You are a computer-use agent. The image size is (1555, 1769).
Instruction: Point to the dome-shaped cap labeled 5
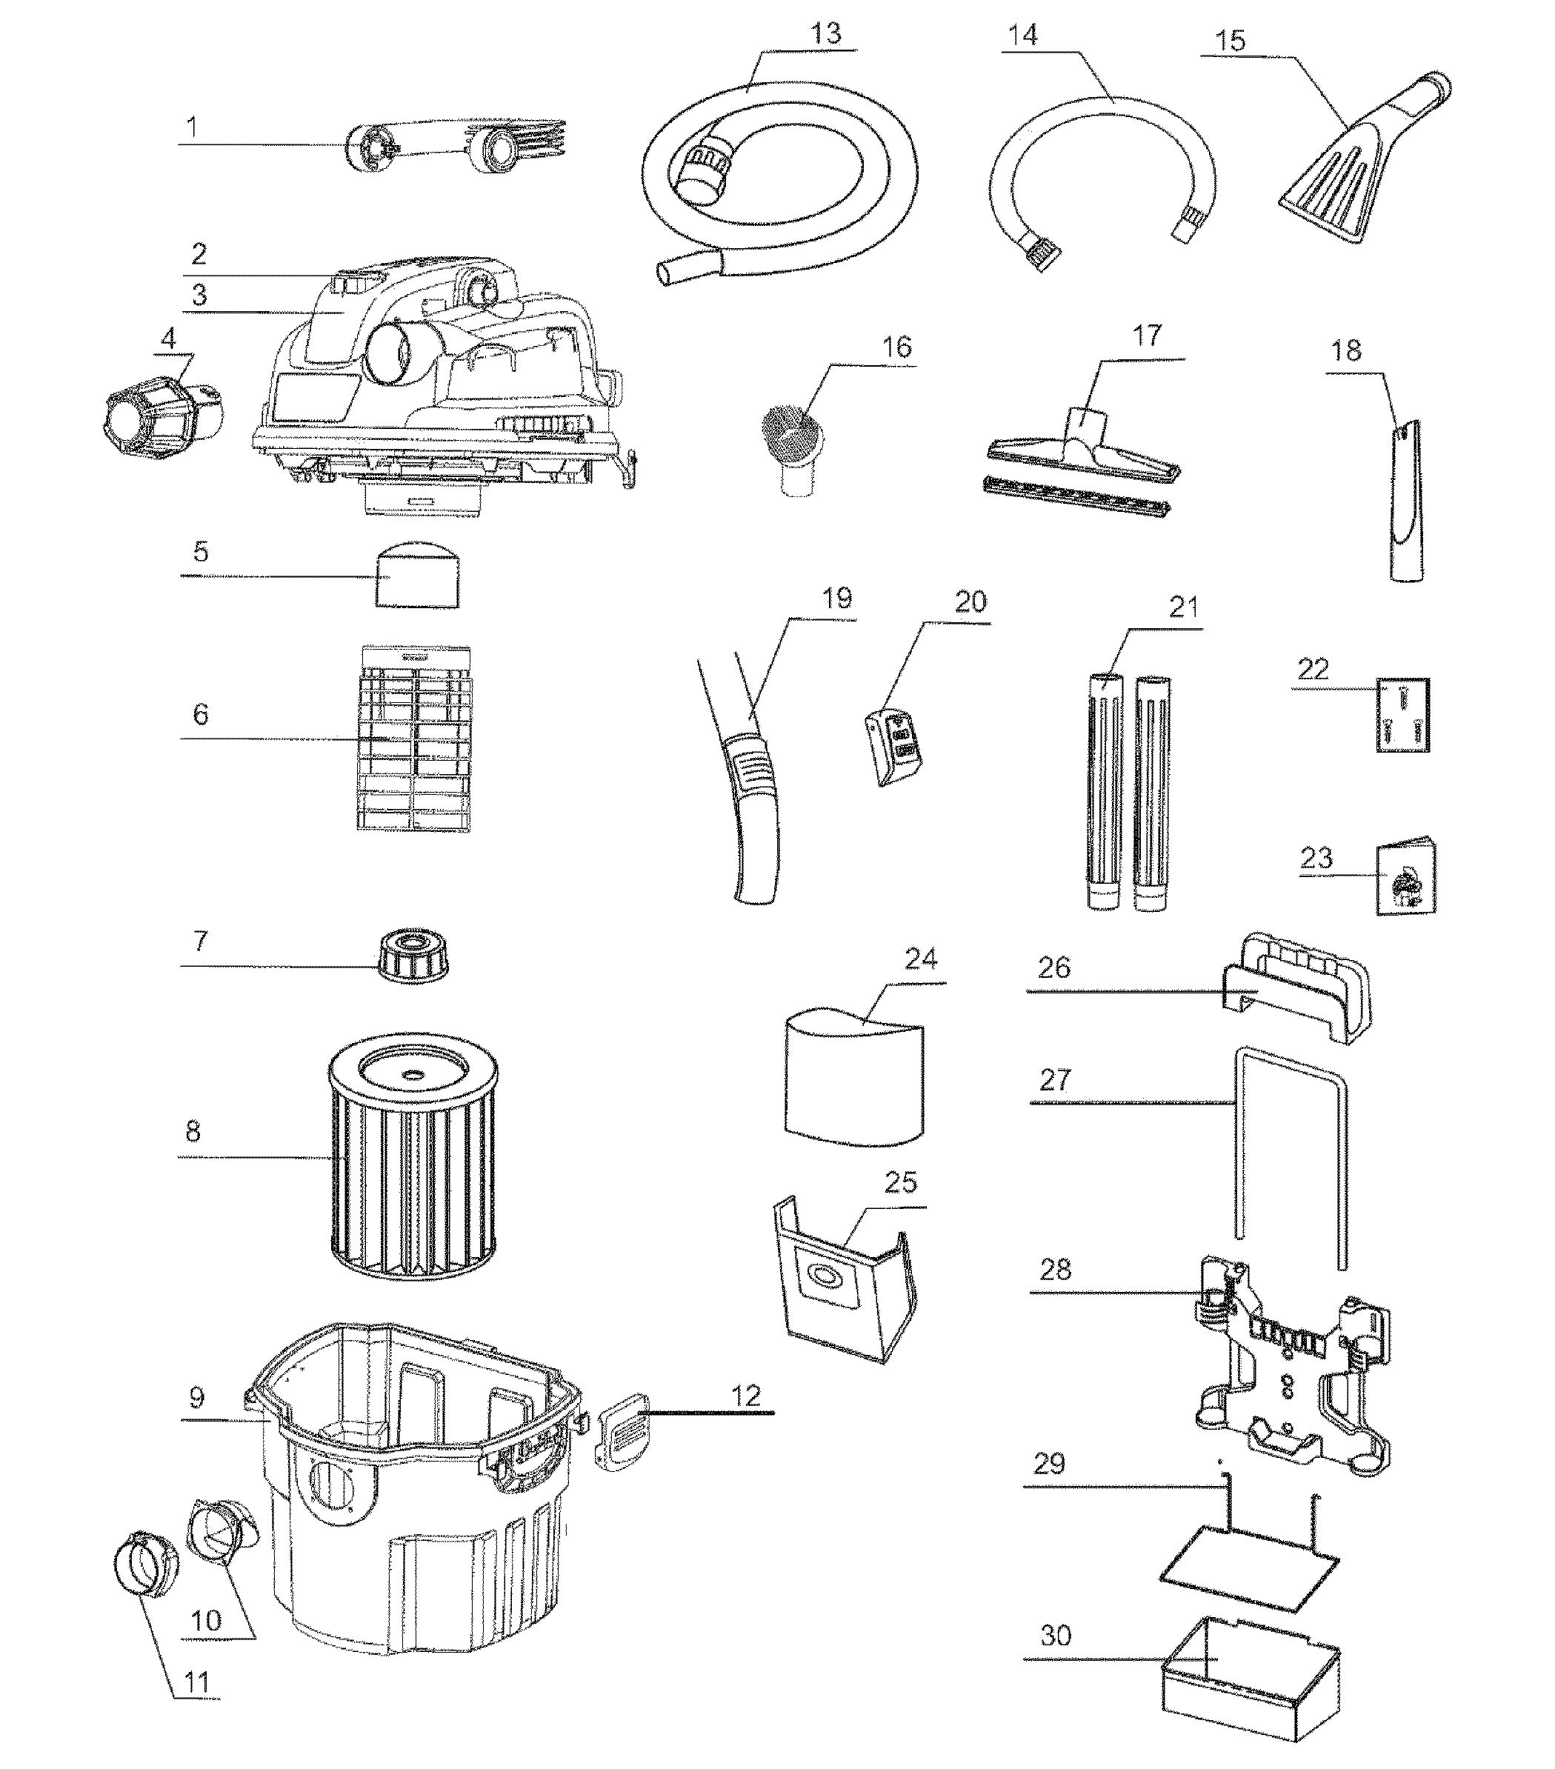click(418, 576)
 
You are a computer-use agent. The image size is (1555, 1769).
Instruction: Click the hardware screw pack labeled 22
click(1402, 714)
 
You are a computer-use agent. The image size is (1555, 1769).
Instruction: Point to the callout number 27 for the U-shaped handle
click(1055, 1079)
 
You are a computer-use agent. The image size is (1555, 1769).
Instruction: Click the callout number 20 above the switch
click(970, 602)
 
